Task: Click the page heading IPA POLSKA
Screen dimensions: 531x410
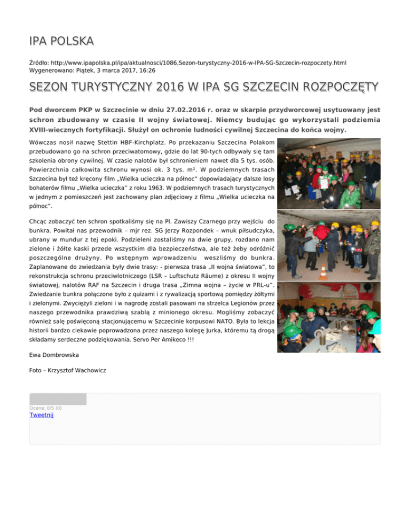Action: click(62, 41)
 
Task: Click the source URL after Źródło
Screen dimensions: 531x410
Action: click(200, 63)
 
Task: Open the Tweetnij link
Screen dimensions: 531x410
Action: click(42, 415)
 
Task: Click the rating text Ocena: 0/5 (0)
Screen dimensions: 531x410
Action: click(46, 408)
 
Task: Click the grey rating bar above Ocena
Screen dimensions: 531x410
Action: click(58, 399)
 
